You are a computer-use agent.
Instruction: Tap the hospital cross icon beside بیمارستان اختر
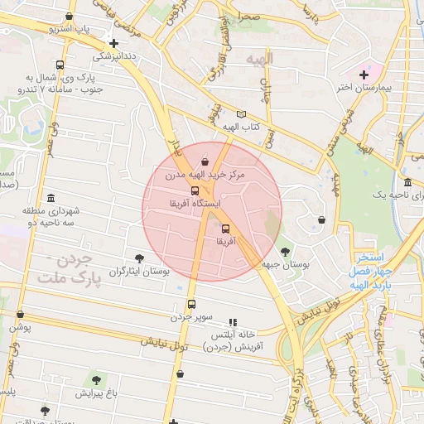pos(364,75)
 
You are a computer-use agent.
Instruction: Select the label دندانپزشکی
pos(114,56)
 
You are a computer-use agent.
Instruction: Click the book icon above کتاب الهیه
pos(241,114)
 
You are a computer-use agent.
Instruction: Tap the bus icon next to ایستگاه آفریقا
pos(195,190)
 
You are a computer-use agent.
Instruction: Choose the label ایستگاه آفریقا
pos(195,203)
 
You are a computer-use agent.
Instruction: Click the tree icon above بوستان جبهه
pos(286,251)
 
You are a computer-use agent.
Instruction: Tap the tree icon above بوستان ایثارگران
pos(139,258)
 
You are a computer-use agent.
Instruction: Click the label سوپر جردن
pos(192,316)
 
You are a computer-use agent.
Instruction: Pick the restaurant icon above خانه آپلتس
pos(233,321)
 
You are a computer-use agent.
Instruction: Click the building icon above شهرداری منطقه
pos(51,198)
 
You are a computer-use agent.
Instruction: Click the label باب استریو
pos(69,28)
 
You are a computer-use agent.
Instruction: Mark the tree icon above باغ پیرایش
pos(96,380)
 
